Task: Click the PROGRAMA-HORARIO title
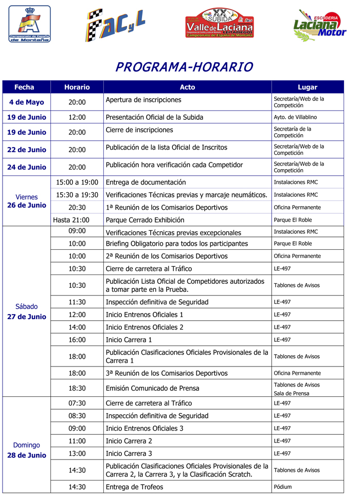(x=184, y=67)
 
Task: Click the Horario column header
(x=77, y=87)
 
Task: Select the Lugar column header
(x=307, y=87)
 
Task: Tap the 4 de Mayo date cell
(x=27, y=102)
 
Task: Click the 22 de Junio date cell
(x=27, y=150)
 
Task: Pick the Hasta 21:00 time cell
(x=71, y=220)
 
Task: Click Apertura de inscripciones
(x=143, y=100)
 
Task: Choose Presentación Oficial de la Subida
(x=154, y=117)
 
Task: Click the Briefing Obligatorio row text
(x=176, y=244)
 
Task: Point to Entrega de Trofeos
(x=134, y=487)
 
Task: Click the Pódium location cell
(x=282, y=487)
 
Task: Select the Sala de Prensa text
(x=292, y=393)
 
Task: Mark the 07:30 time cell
(x=77, y=403)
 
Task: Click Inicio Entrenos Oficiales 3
(x=144, y=428)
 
